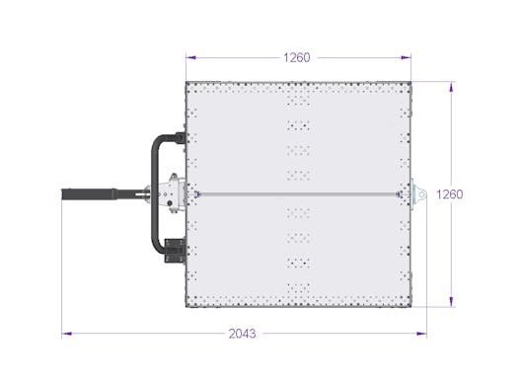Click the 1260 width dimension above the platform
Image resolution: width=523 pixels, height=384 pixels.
point(296,57)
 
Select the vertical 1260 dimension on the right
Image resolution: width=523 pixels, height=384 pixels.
point(450,194)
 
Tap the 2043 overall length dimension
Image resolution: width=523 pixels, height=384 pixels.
point(243,334)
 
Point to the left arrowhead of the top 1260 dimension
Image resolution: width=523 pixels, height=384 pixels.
point(190,57)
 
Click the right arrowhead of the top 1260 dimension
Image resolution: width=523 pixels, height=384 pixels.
point(407,57)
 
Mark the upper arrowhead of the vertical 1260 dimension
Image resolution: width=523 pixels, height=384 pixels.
point(451,87)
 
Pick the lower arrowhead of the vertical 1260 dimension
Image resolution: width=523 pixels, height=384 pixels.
point(451,302)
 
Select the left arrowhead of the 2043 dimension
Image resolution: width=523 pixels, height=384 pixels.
point(67,334)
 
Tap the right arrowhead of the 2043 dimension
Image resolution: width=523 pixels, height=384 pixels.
point(421,334)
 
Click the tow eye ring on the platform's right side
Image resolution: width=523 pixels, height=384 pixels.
point(421,194)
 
